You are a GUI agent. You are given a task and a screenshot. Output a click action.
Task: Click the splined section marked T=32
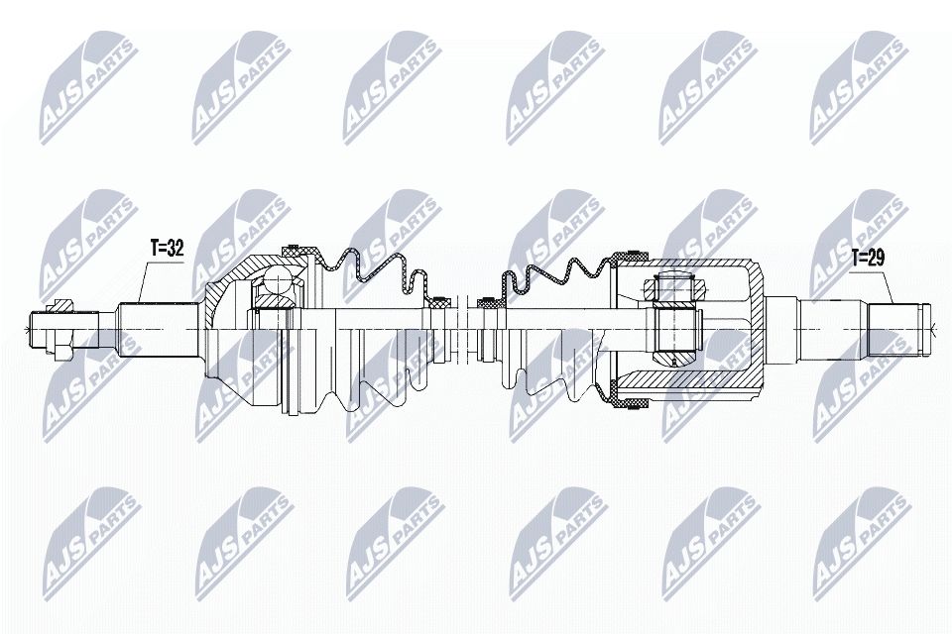[159, 326]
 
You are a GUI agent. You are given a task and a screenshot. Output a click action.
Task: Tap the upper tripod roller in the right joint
[674, 287]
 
